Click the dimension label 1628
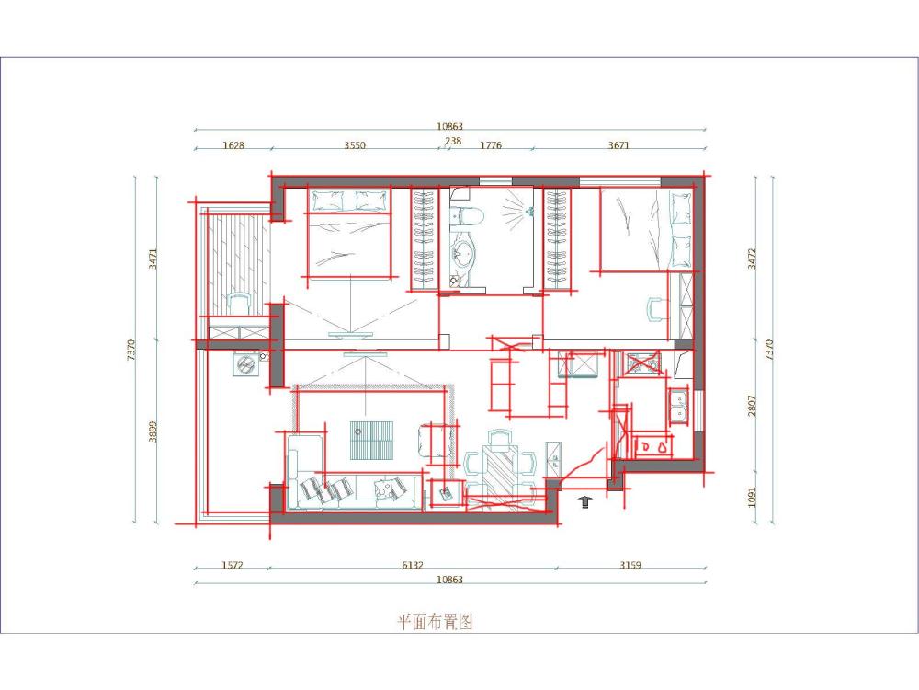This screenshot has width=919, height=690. (x=233, y=145)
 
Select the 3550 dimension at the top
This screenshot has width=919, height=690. (x=355, y=145)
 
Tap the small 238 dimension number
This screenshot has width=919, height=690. (x=453, y=141)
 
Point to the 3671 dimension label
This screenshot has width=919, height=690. (x=618, y=145)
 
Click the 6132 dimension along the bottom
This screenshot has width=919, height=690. (x=413, y=565)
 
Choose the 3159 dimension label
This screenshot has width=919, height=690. (x=630, y=565)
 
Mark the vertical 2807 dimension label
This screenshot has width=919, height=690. (x=753, y=406)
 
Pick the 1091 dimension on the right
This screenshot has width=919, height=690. (x=753, y=497)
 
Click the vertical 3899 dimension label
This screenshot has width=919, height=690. (x=153, y=431)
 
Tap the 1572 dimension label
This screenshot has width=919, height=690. (x=233, y=565)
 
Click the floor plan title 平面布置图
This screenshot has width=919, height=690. (x=436, y=621)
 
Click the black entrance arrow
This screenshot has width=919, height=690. (x=584, y=501)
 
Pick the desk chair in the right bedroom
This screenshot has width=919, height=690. (x=658, y=310)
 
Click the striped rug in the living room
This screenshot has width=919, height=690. (x=371, y=440)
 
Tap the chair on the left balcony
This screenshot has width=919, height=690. (x=238, y=304)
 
